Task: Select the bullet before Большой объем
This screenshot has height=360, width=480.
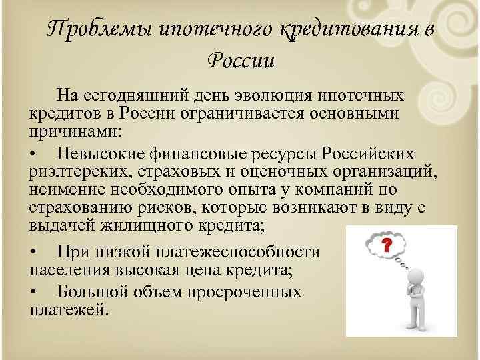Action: click(35, 291)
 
